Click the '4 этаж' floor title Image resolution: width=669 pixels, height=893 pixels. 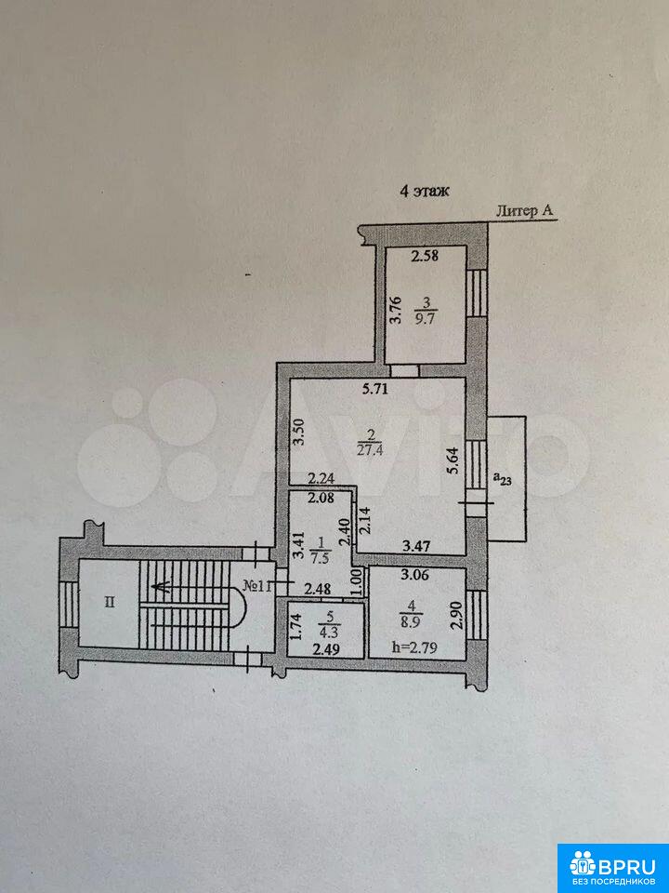click(425, 191)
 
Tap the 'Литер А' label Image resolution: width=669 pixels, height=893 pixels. click(525, 211)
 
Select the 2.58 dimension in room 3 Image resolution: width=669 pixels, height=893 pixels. click(425, 256)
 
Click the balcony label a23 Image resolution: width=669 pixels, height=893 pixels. click(503, 480)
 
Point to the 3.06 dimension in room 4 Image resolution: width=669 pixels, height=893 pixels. click(413, 575)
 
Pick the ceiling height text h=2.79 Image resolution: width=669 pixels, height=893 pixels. click(414, 647)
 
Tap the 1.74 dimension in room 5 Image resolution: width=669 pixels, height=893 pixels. click(295, 627)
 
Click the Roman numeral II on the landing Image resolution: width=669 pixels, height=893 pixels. click(110, 603)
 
